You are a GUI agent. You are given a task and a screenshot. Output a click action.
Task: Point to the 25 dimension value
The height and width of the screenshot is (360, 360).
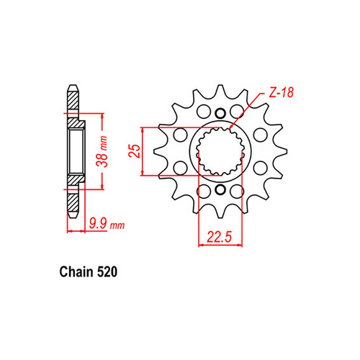tap(134, 152)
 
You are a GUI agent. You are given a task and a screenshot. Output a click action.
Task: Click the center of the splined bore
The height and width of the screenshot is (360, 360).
tap(220, 151)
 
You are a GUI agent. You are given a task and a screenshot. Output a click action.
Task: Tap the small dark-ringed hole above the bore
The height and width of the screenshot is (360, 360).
tap(220, 112)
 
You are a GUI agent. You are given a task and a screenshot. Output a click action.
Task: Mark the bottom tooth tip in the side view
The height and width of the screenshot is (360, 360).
tap(73, 209)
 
